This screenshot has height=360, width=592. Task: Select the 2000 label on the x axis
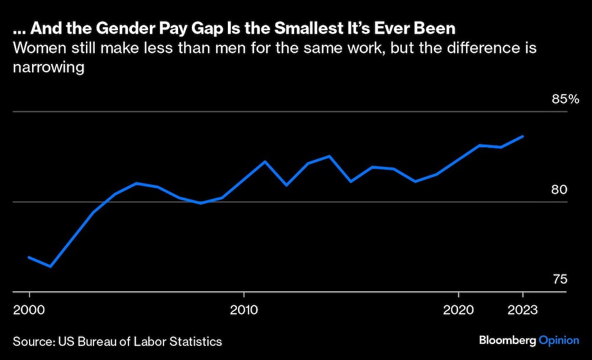point(29,310)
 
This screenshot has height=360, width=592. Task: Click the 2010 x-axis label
point(243,310)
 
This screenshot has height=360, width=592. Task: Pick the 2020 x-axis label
point(458,310)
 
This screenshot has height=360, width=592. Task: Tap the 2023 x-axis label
point(523,310)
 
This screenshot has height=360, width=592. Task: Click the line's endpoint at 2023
point(523,136)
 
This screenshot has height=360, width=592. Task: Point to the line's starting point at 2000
point(29,257)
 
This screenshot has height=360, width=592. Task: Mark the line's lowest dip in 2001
point(50,266)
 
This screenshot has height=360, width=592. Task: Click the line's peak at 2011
point(265,161)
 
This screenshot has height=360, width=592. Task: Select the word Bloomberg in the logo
point(507,341)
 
